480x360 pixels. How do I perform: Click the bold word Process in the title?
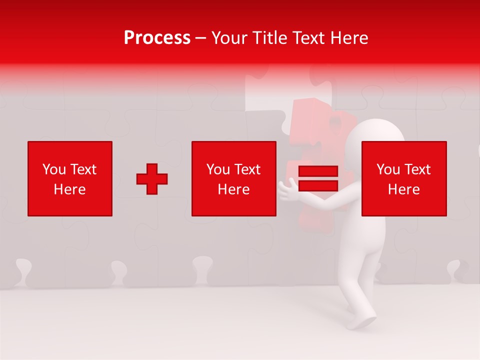(157, 38)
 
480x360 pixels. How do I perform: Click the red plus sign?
(152, 178)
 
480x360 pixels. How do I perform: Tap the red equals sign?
(318, 178)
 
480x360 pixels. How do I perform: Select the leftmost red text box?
(70, 178)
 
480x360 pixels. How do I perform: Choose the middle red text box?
(233, 178)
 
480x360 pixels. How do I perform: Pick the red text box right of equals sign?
(404, 178)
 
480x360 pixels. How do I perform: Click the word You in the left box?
(54, 169)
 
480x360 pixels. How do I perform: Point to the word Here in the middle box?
(233, 189)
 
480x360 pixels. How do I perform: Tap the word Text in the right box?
(417, 169)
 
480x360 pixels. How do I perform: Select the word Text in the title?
(306, 38)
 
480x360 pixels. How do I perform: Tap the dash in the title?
(201, 38)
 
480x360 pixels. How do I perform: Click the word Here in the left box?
(70, 189)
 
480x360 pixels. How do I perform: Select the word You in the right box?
(388, 169)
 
